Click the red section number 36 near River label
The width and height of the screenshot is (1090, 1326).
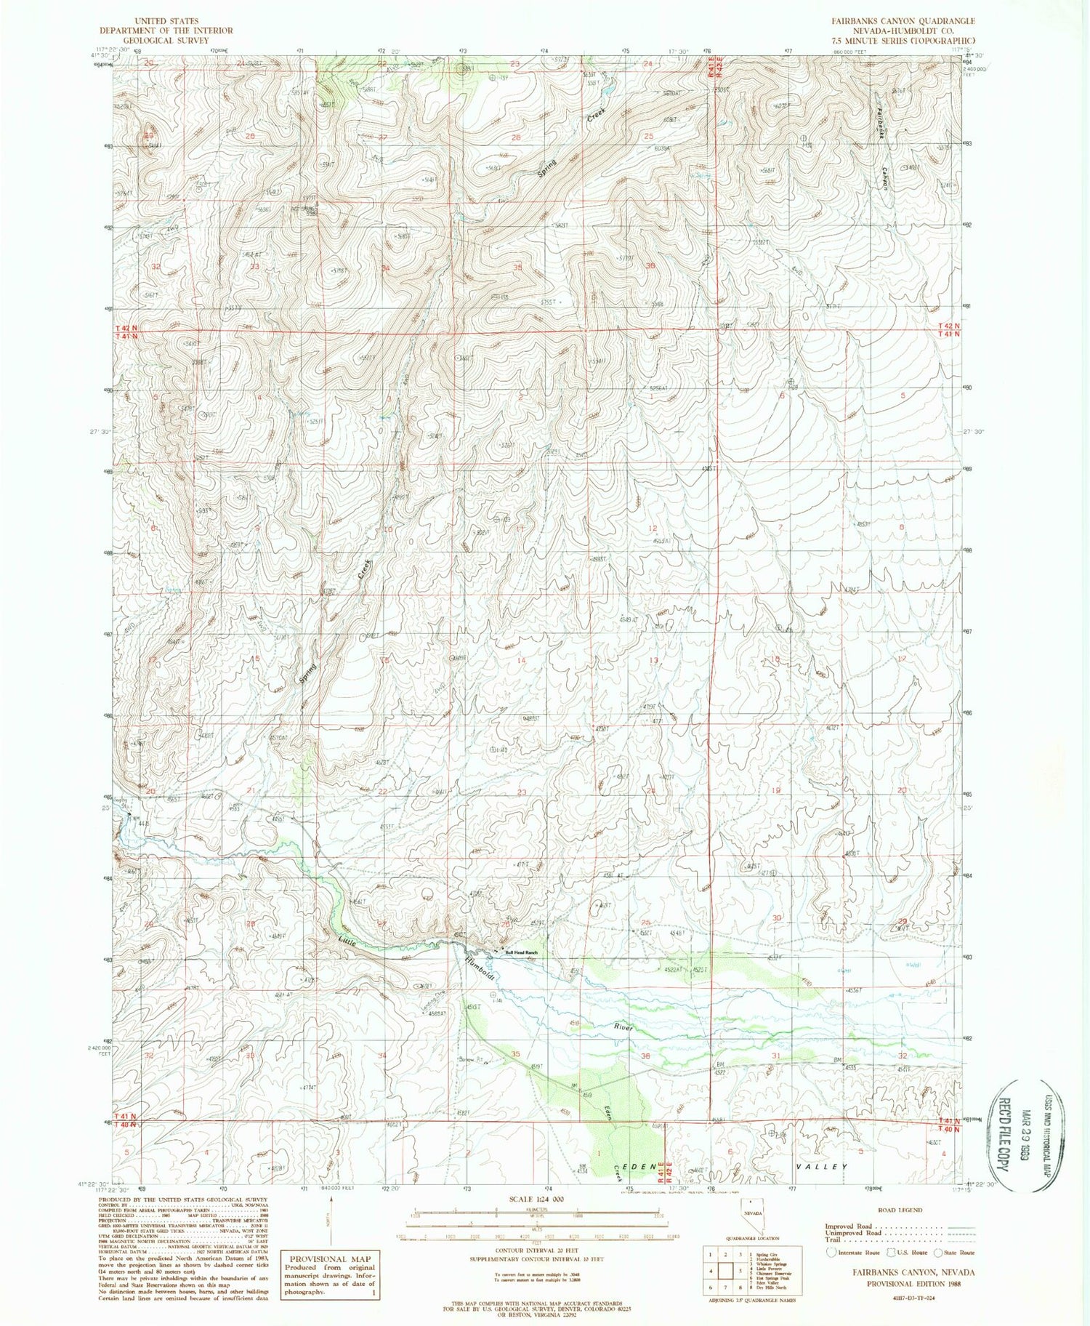point(645,1056)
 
